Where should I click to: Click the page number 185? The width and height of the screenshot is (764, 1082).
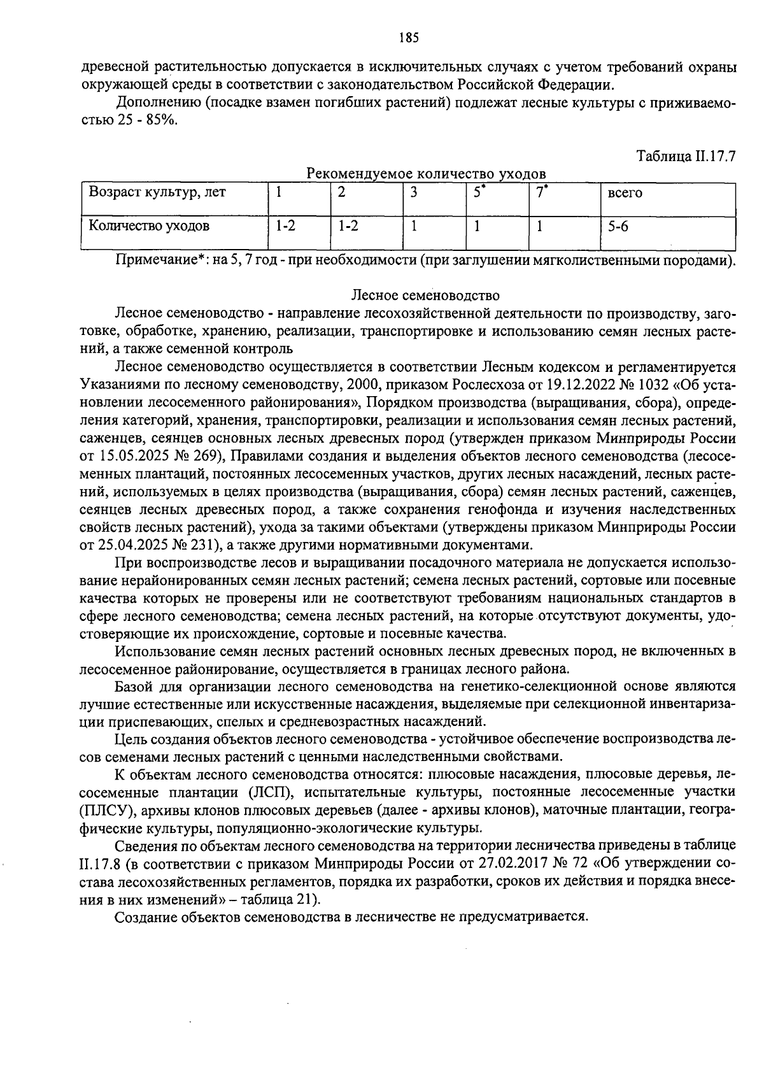tap(409, 38)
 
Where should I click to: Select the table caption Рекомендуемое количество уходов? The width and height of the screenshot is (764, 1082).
tap(426, 173)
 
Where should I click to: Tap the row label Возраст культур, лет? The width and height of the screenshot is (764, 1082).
tap(157, 192)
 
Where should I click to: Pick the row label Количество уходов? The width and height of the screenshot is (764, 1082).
tap(148, 225)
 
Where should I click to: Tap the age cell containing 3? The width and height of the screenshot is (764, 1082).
tap(413, 192)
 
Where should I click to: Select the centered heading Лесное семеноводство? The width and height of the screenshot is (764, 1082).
tap(425, 295)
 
